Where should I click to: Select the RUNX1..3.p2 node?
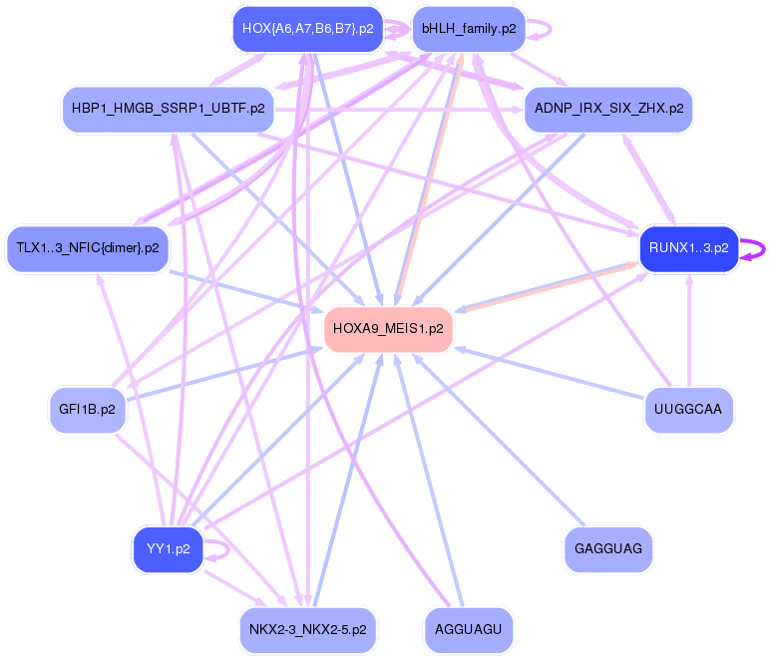pos(688,247)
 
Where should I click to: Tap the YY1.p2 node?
pos(168,548)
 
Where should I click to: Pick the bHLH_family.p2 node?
pos(469,29)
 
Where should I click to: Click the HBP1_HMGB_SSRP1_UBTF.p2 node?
pos(169,108)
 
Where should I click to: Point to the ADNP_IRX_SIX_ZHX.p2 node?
pos(608,108)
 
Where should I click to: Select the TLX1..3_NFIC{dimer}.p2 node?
pos(88,247)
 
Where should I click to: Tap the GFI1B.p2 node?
pos(88,409)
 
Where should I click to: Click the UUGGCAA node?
pos(688,409)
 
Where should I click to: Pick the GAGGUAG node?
pos(608,548)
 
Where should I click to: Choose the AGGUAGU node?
pos(469,630)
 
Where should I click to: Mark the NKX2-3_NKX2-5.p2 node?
pos(307,630)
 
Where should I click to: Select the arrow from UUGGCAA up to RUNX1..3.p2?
pos(688,329)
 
